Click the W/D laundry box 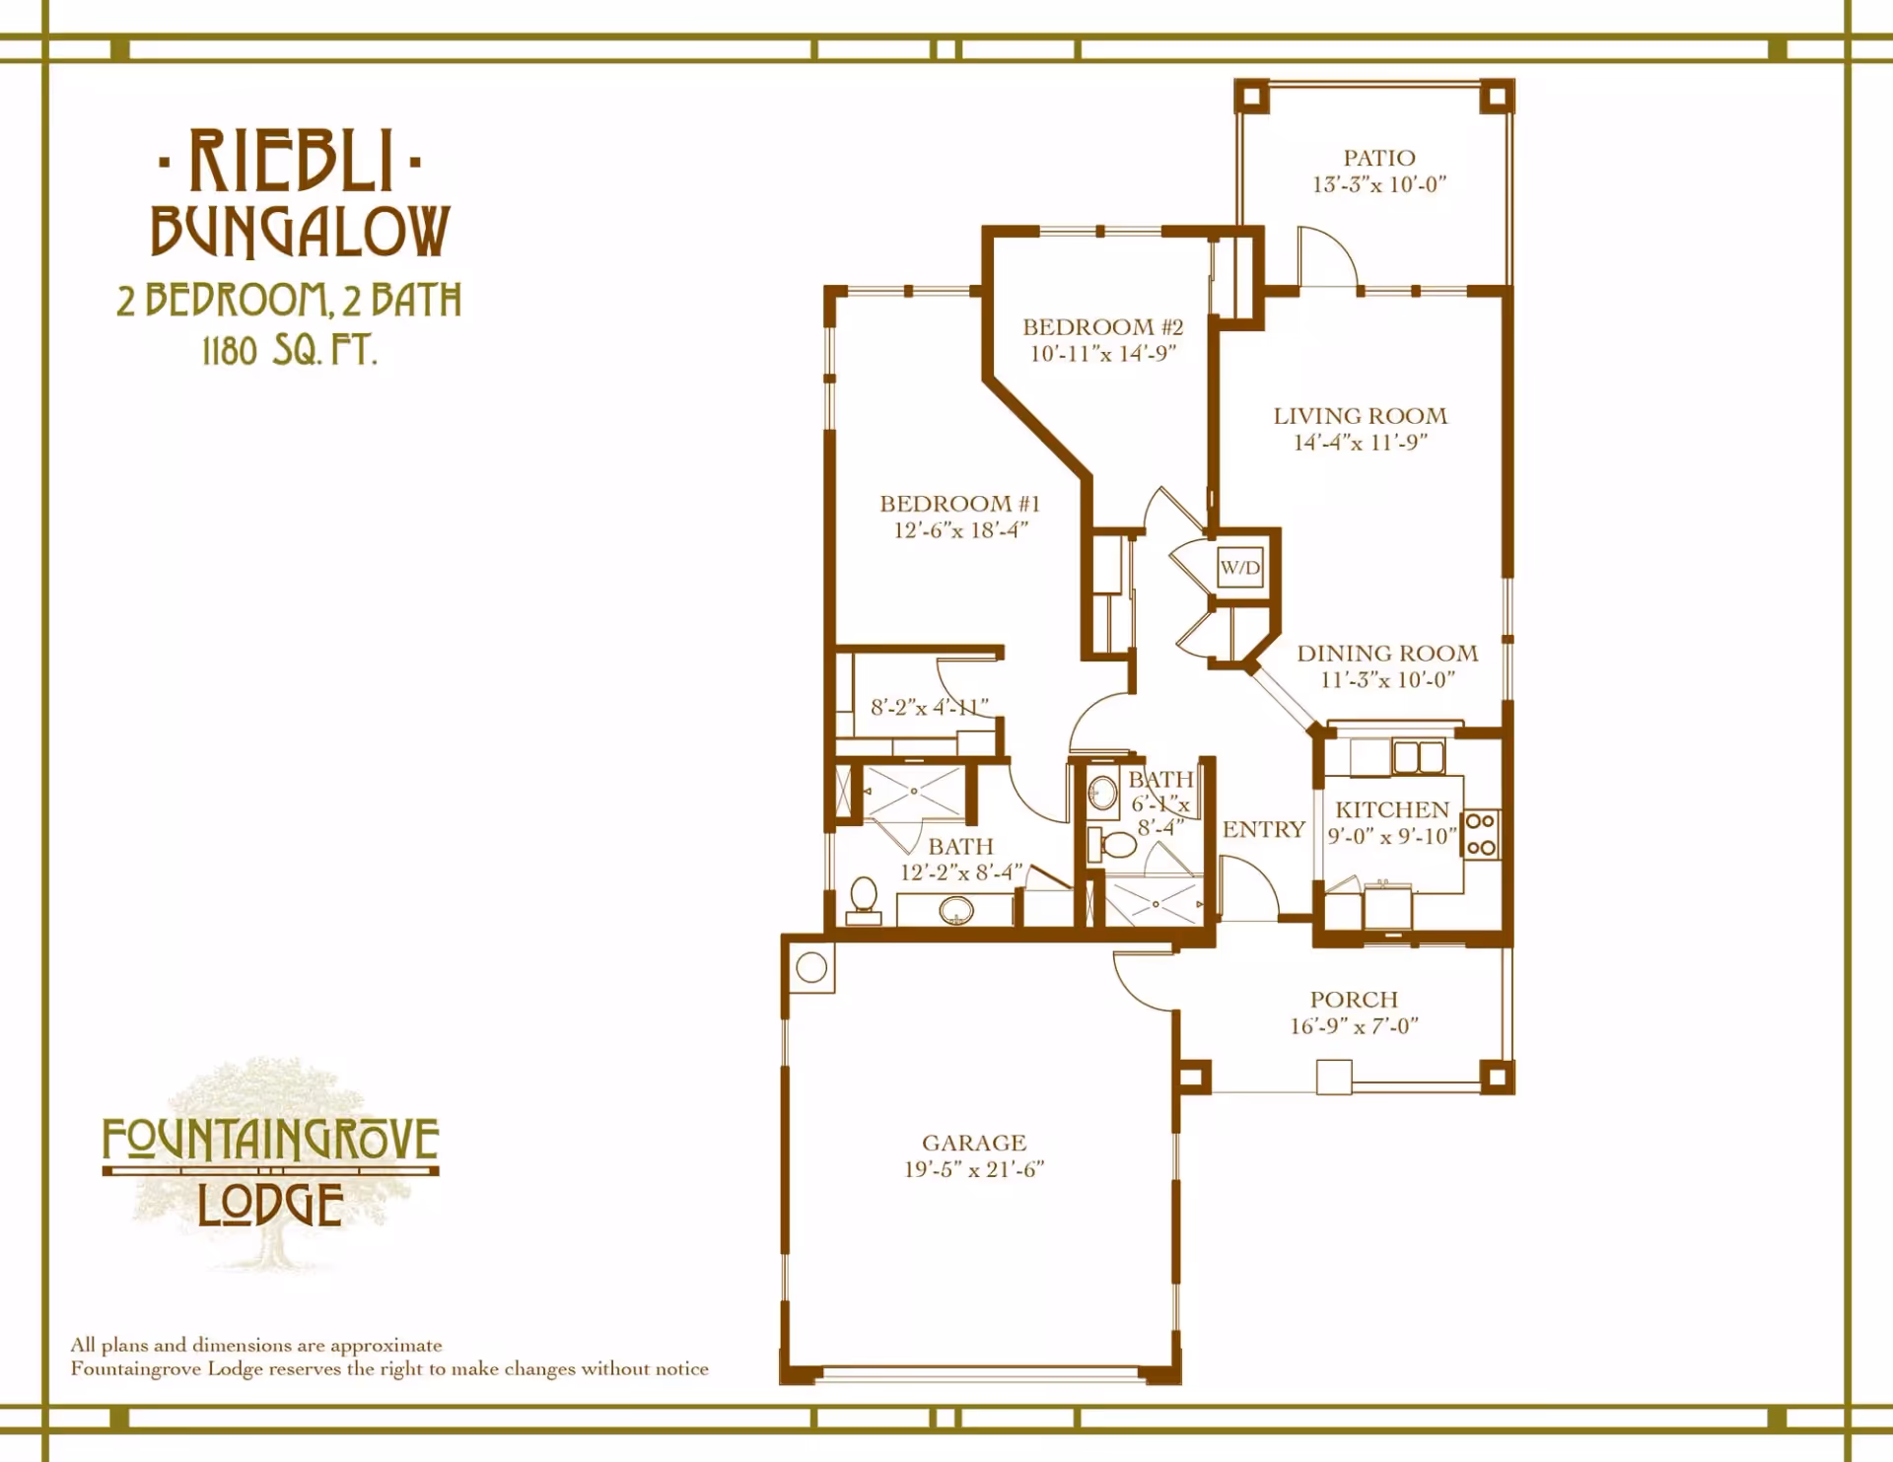point(1239,567)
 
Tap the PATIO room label point(1378,158)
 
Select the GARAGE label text point(974,1143)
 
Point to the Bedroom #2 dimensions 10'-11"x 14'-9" point(1103,353)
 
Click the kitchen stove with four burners point(1481,834)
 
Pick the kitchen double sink point(1418,757)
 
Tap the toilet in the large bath point(864,900)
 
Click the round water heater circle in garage point(811,967)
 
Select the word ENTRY point(1264,829)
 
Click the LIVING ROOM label point(1361,416)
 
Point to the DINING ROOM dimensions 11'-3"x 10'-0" point(1388,679)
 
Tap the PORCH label point(1354,999)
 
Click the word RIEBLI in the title point(291,161)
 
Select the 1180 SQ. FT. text point(290,350)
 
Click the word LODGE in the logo point(270,1204)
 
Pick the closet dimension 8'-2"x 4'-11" point(929,707)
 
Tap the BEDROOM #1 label point(960,503)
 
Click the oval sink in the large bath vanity point(955,911)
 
